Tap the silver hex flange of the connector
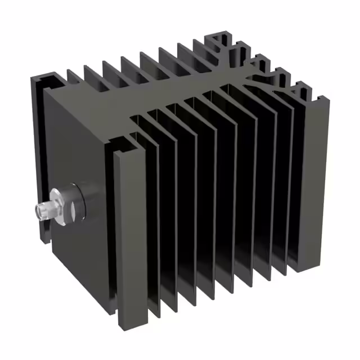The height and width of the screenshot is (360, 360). click(x=58, y=201)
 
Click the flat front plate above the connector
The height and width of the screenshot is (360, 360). click(x=79, y=141)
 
